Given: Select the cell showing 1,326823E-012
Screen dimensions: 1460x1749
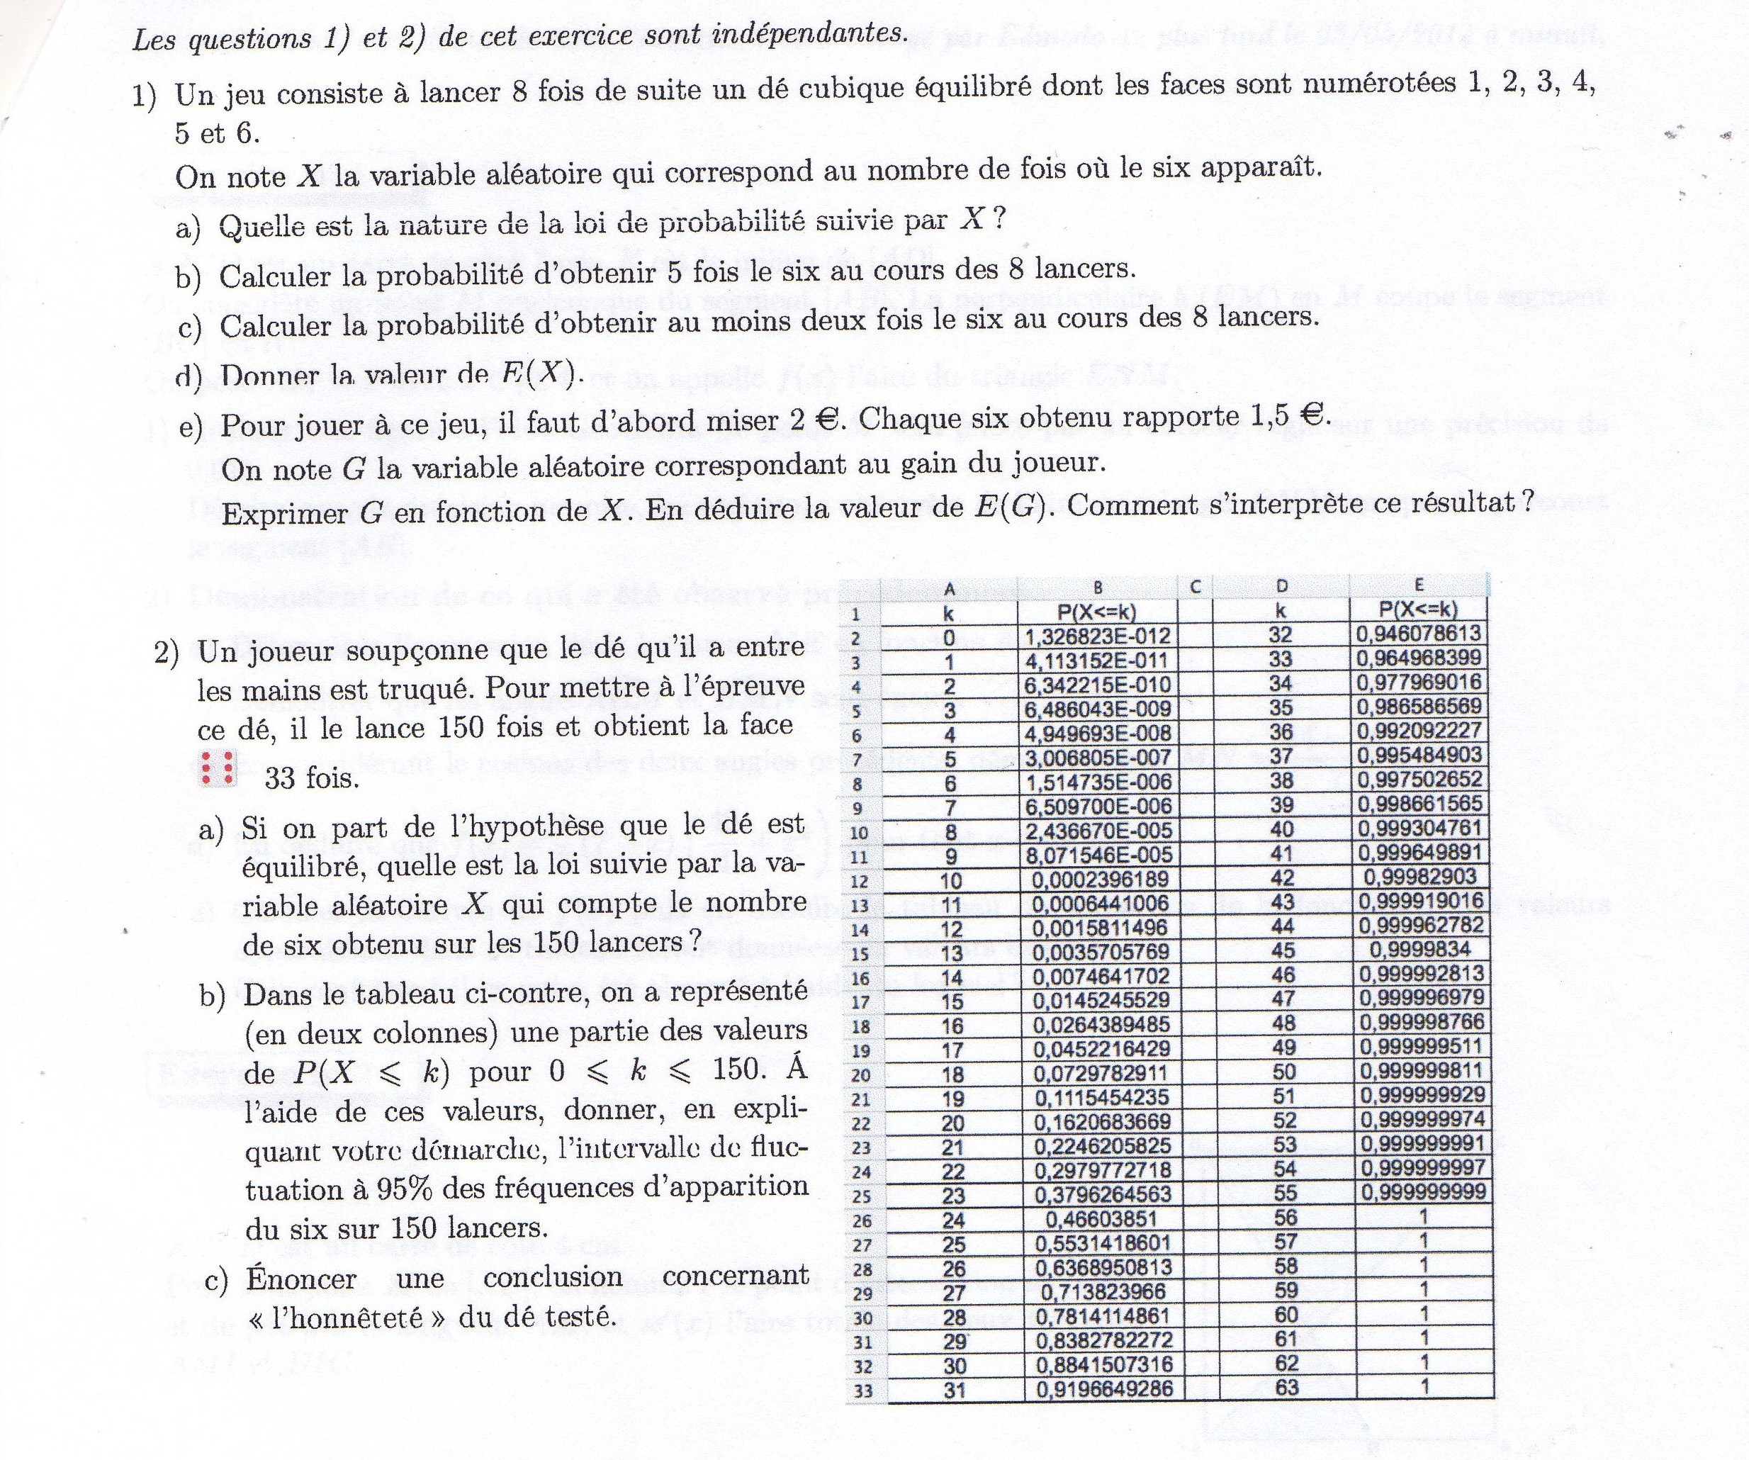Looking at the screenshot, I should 1098,637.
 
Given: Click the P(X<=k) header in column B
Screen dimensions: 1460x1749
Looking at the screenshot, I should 1097,612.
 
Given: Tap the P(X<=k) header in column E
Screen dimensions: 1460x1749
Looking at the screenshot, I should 1418,609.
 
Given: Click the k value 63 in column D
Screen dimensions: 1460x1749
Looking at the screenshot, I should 1287,1387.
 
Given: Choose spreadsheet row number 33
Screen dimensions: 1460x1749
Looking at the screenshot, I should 861,1390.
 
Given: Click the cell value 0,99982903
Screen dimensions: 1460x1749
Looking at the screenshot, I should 1419,876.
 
